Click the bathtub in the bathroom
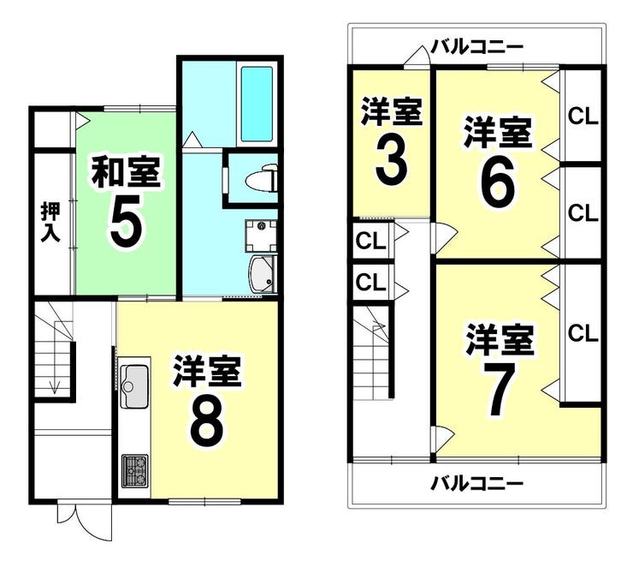[x=257, y=104]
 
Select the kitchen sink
[x=134, y=386]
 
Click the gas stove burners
[x=135, y=470]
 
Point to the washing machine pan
[x=261, y=236]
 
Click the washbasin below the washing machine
[x=263, y=273]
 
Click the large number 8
[x=206, y=421]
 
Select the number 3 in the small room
[x=391, y=162]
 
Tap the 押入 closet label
[x=50, y=223]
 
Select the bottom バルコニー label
[x=476, y=482]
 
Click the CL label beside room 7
[x=583, y=333]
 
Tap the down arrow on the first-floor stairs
[x=54, y=387]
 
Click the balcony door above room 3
[x=417, y=57]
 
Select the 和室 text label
[x=126, y=172]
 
